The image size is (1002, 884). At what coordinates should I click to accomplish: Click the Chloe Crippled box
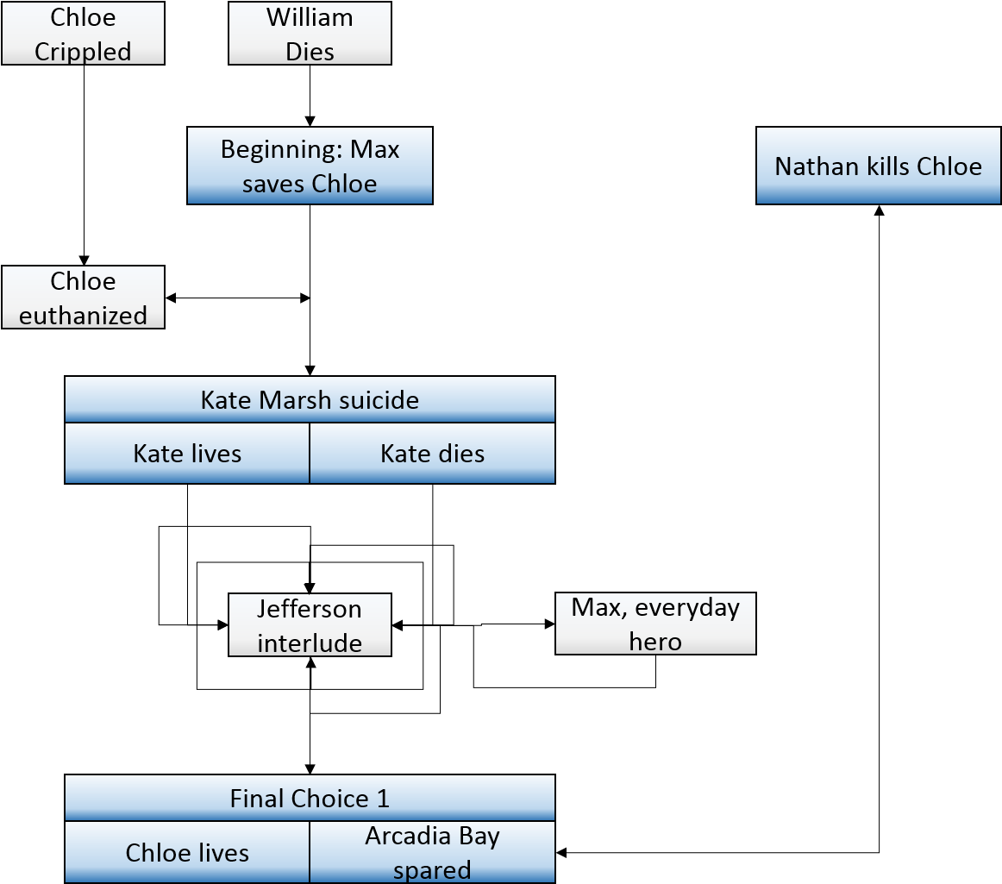pyautogui.click(x=83, y=34)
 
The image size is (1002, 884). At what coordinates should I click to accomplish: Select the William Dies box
pyautogui.click(x=310, y=34)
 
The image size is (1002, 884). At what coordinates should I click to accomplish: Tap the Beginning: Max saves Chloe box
pyautogui.click(x=310, y=166)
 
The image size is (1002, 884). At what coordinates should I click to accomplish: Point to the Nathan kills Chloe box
pyautogui.click(x=879, y=166)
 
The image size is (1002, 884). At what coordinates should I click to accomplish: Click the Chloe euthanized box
pyautogui.click(x=83, y=298)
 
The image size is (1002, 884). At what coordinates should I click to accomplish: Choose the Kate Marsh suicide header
pyautogui.click(x=310, y=399)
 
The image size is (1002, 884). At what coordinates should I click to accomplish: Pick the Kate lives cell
pyautogui.click(x=187, y=453)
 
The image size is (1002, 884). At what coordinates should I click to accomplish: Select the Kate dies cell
pyautogui.click(x=433, y=453)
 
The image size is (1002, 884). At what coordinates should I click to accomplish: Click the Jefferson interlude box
pyautogui.click(x=310, y=625)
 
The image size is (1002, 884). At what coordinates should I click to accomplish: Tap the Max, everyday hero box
pyautogui.click(x=655, y=624)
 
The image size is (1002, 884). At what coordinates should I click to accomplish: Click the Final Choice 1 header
pyautogui.click(x=310, y=798)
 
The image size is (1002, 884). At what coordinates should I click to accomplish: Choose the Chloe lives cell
pyautogui.click(x=187, y=852)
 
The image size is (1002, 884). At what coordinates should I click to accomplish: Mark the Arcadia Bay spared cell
pyautogui.click(x=433, y=852)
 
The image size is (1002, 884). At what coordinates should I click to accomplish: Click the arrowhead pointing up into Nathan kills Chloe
pyautogui.click(x=880, y=210)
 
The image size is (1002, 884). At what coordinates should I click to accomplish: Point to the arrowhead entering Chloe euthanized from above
pyautogui.click(x=84, y=260)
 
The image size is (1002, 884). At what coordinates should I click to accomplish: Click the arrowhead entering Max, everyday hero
pyautogui.click(x=549, y=624)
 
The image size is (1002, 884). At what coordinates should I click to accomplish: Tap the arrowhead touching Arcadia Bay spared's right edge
pyautogui.click(x=561, y=852)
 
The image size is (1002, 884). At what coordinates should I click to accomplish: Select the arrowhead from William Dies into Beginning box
pyautogui.click(x=310, y=122)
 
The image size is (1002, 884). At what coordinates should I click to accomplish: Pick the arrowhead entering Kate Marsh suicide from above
pyautogui.click(x=310, y=371)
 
